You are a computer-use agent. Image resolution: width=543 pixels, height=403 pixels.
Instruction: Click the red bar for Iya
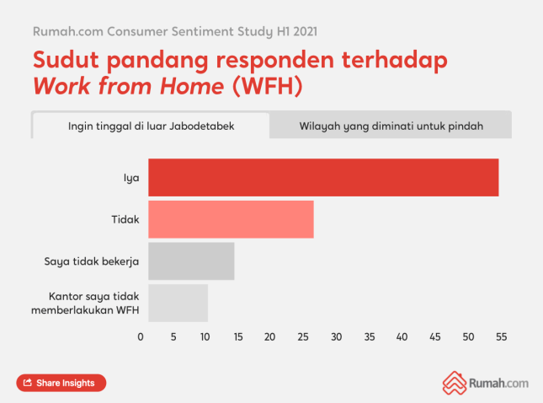point(323,177)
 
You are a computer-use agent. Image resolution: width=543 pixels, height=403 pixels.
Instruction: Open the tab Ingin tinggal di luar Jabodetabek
point(151,126)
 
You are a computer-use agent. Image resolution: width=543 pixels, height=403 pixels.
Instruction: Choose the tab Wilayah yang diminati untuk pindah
point(391,126)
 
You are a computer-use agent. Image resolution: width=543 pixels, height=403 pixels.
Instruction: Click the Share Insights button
point(61,383)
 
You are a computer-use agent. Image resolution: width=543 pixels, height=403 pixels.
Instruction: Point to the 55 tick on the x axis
point(500,337)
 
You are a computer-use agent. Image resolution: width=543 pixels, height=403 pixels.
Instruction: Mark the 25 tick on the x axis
point(303,337)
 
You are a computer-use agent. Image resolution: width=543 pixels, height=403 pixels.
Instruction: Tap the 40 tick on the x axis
point(402,337)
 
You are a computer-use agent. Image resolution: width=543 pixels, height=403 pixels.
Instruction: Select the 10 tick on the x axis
point(205,337)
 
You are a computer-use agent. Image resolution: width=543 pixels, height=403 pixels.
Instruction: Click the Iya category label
point(131,178)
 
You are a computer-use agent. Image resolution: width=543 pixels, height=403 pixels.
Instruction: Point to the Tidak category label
point(125,219)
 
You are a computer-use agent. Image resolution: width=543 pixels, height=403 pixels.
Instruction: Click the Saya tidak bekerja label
point(92,261)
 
